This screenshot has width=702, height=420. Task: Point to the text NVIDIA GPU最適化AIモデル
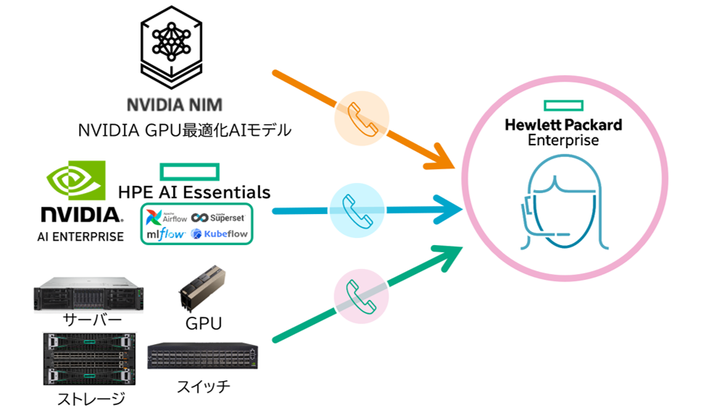[185, 131]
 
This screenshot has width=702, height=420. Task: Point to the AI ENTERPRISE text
[80, 236]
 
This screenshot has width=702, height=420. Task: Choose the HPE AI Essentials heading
[195, 192]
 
